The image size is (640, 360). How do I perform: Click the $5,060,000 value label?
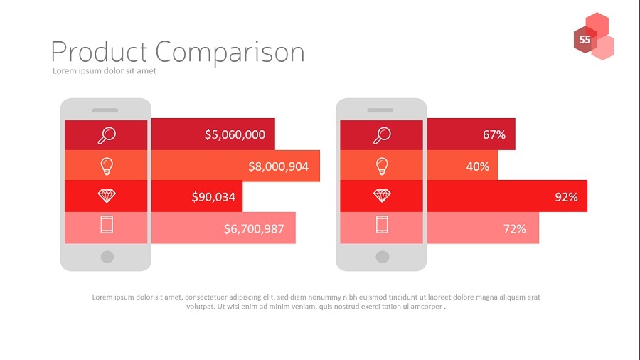point(235,134)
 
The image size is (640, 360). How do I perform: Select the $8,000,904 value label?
point(278,166)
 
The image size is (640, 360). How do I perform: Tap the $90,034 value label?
point(213,197)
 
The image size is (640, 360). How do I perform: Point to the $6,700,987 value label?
point(254,228)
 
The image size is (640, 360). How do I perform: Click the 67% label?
point(494,134)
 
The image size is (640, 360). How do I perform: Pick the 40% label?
point(478,166)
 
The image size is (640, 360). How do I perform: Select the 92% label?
point(566,197)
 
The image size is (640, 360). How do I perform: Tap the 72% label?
point(514,228)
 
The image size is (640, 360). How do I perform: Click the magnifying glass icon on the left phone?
point(107,135)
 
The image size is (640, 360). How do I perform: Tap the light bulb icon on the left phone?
point(107,166)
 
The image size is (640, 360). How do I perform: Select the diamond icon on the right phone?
point(382,196)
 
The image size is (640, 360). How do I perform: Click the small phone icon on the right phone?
point(382,225)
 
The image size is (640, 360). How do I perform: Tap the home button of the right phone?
point(383,257)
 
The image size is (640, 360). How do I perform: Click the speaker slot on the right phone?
point(380,110)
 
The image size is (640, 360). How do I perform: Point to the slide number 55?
point(585,40)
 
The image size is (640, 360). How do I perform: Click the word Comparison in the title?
point(230,52)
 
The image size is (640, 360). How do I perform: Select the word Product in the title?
point(99,52)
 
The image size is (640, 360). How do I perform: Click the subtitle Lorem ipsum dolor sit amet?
point(105,70)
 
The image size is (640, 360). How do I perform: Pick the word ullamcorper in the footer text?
point(423,307)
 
